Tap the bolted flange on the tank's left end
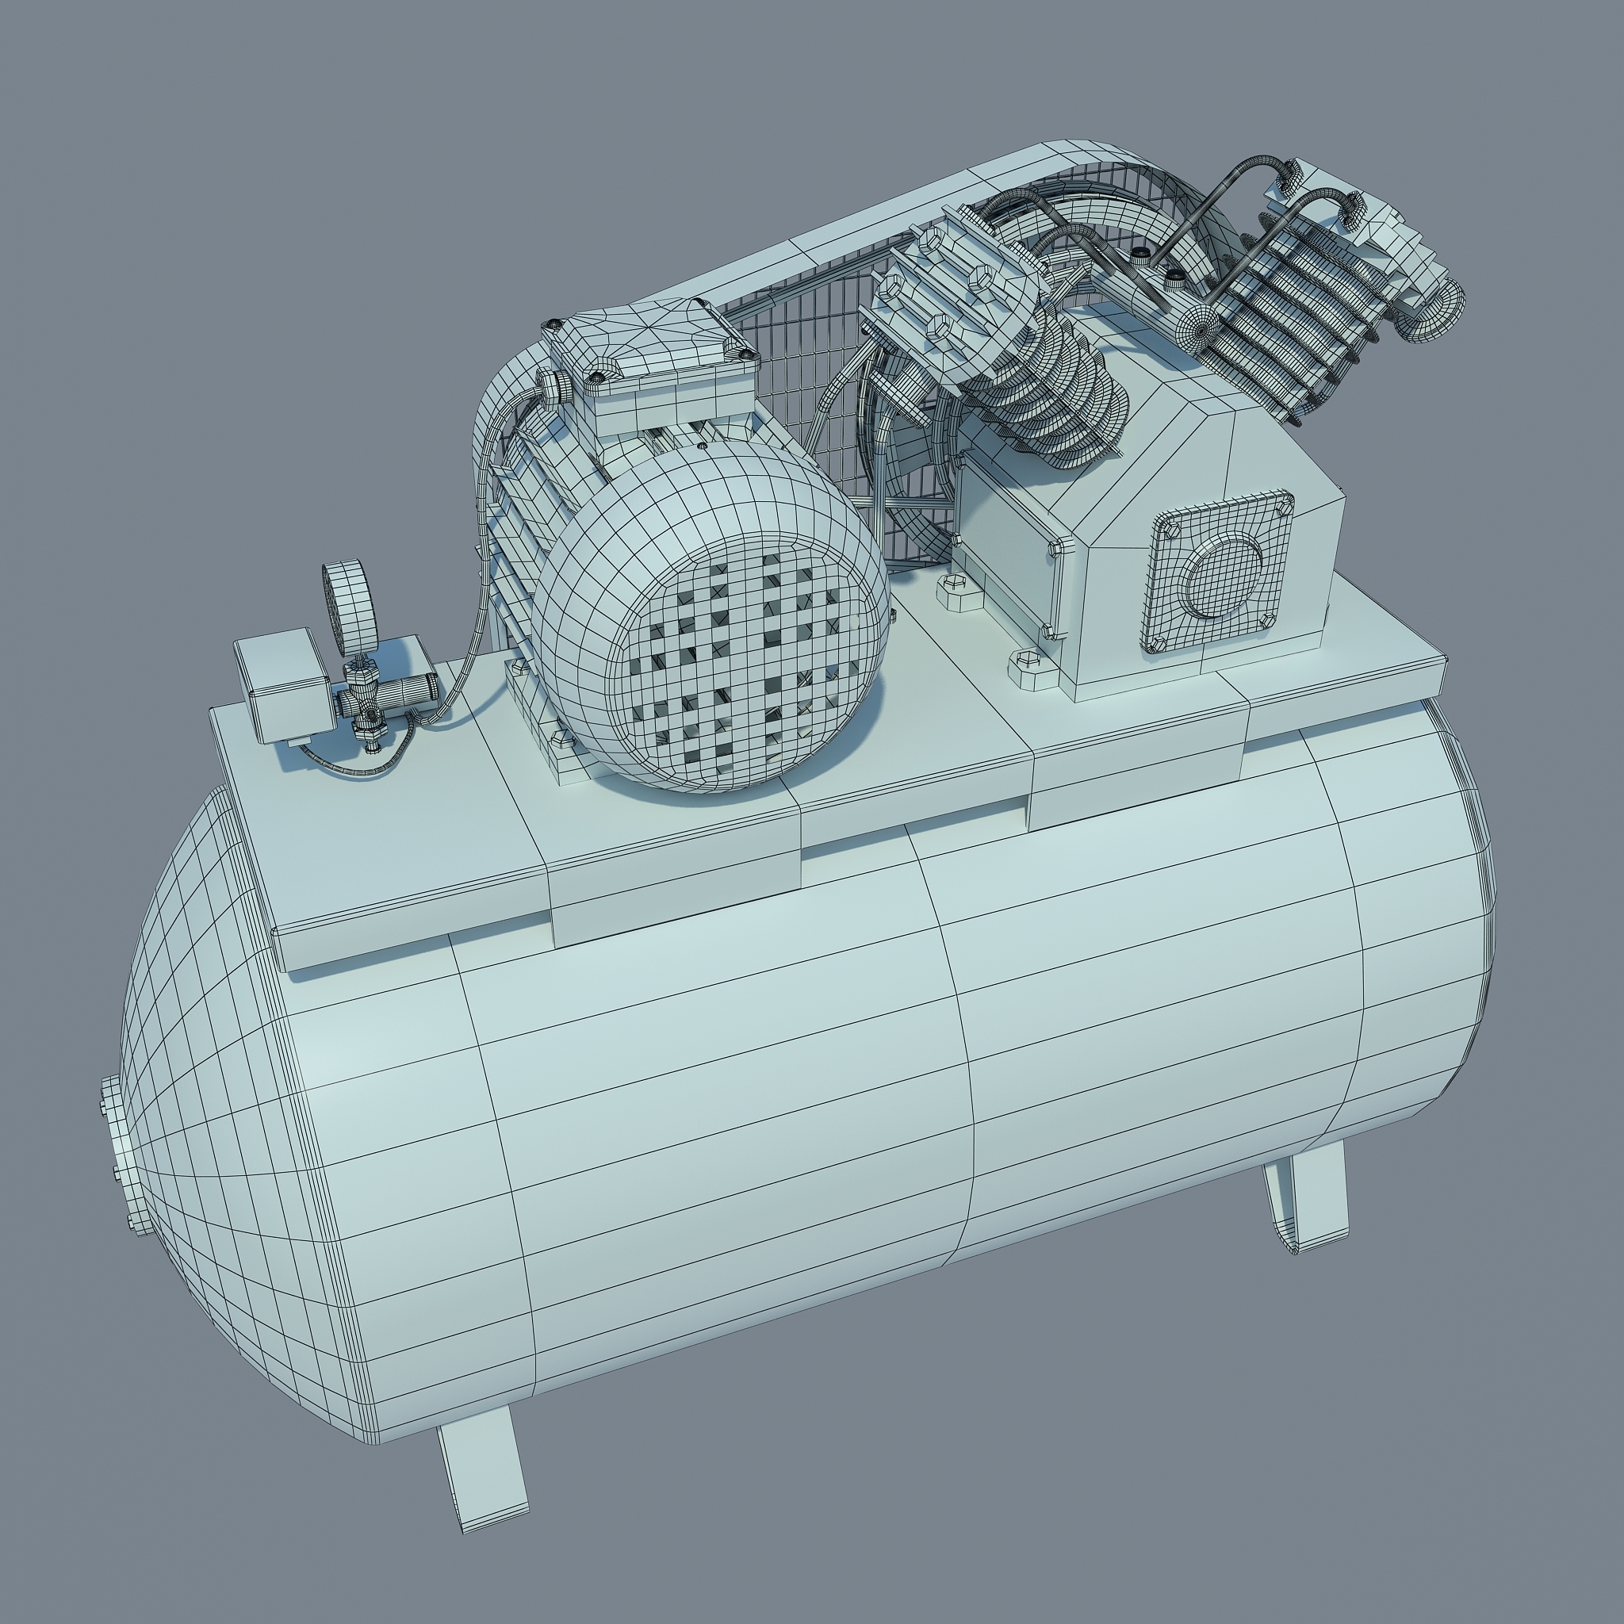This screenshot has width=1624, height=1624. [117, 1160]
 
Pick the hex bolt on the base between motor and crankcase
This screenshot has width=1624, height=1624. [956, 593]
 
